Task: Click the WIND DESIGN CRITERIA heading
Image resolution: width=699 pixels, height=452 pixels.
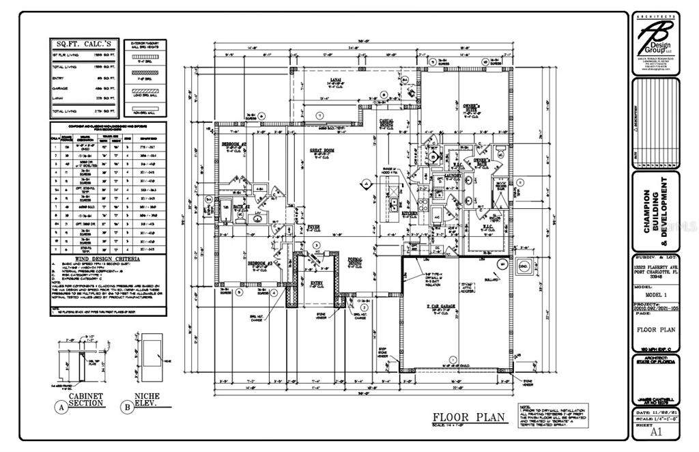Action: coord(109,259)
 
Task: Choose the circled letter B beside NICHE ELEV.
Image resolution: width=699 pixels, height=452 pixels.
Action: coord(126,408)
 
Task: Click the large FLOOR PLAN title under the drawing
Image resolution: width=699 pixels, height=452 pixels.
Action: coord(468,416)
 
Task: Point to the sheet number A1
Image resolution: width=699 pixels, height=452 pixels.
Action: coord(656,432)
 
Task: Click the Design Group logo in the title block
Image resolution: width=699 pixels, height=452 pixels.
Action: coord(656,40)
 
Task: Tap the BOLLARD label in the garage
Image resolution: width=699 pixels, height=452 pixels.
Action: coord(489,280)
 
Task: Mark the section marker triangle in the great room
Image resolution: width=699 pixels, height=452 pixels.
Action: coord(367,184)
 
